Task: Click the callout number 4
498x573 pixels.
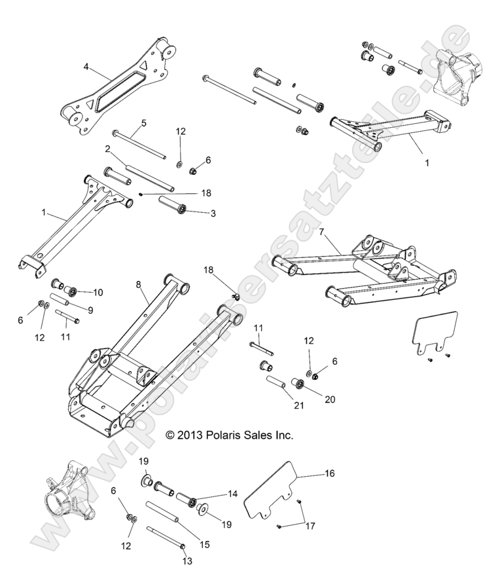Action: tap(85, 66)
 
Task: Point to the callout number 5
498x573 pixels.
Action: tap(143, 122)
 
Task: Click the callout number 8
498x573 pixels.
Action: tap(138, 284)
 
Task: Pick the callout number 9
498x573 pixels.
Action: tap(90, 310)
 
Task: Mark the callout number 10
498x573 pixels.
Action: tap(99, 292)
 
